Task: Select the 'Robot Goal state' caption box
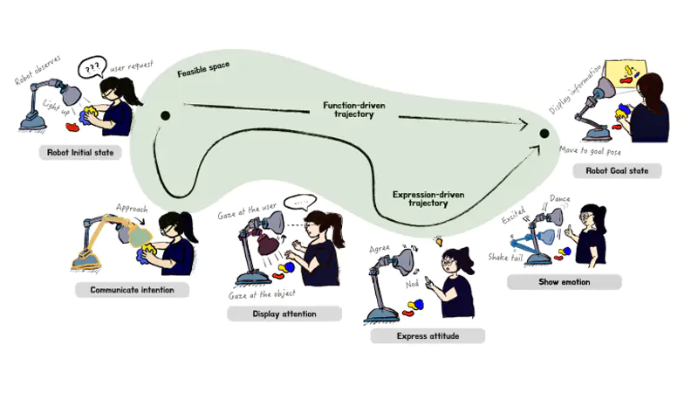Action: [x=617, y=170]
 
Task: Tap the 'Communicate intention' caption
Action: [x=132, y=290]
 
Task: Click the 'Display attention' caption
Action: [x=284, y=314]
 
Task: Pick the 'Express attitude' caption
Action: [x=427, y=335]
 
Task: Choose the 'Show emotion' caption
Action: [x=564, y=282]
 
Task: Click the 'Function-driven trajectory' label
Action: [x=354, y=109]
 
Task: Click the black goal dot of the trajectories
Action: [x=544, y=134]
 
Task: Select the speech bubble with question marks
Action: [x=92, y=67]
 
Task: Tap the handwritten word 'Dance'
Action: [x=560, y=200]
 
